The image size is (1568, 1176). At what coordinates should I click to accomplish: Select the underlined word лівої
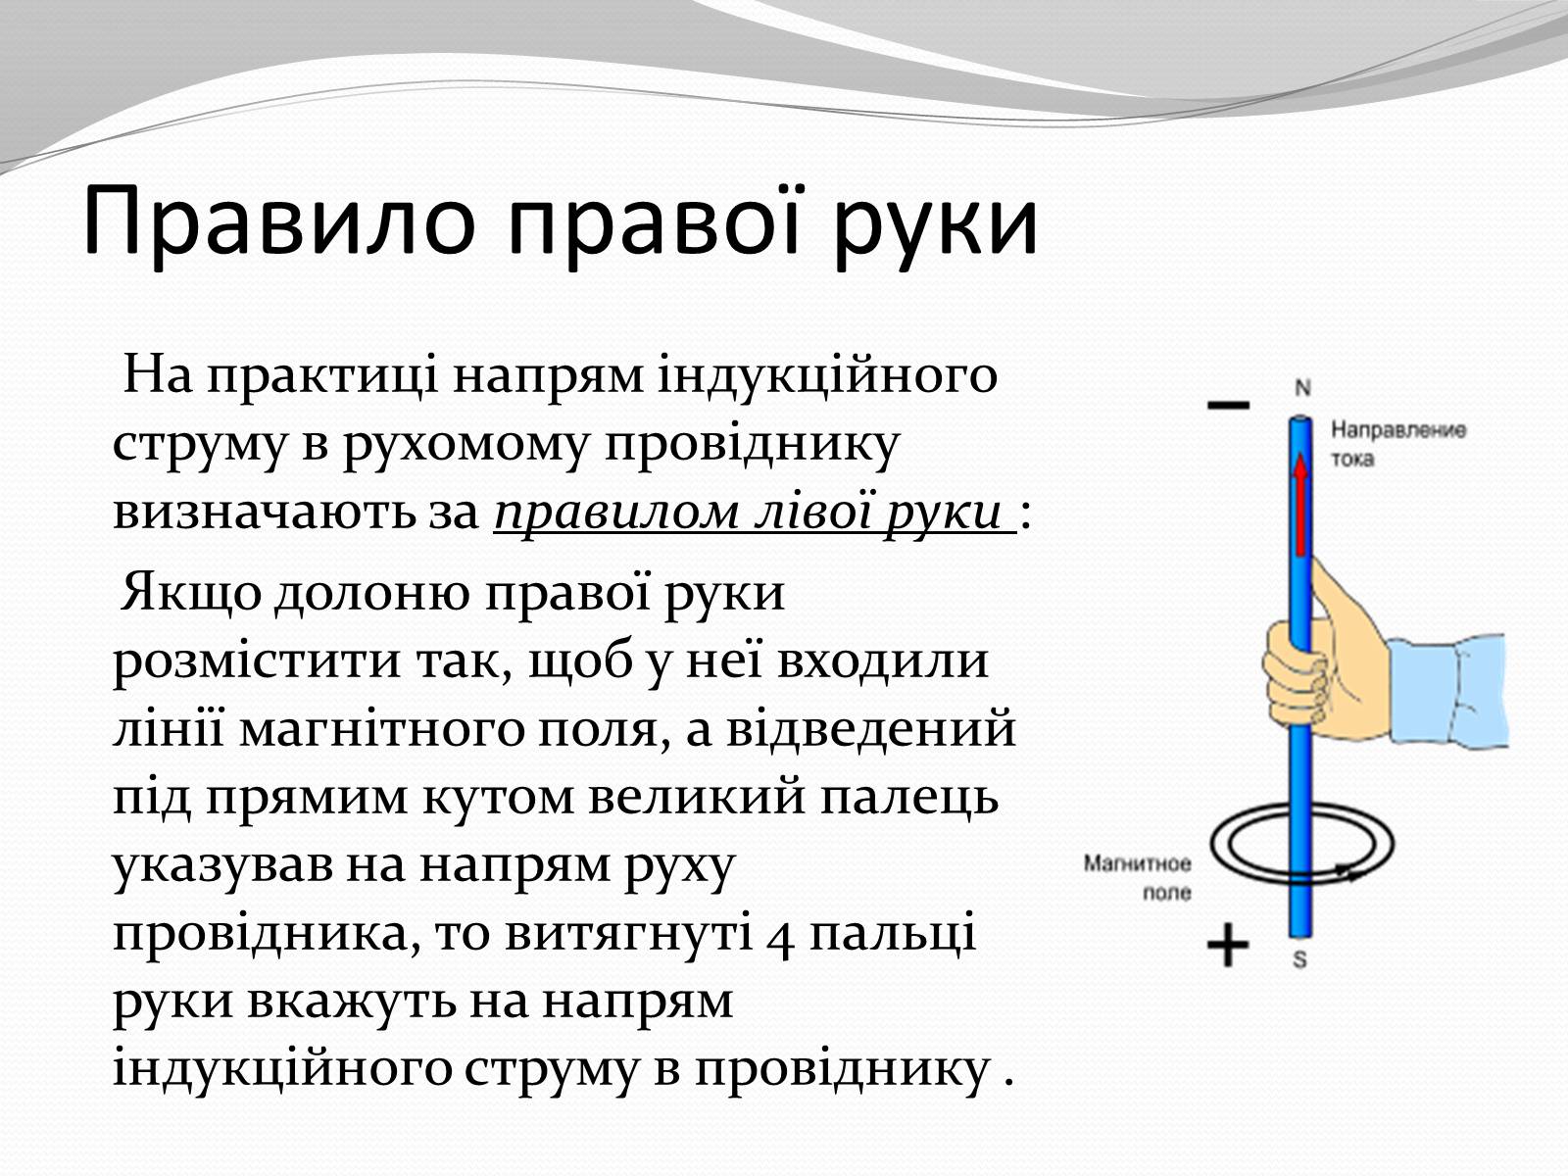813,512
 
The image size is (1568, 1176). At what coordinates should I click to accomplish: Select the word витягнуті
629,934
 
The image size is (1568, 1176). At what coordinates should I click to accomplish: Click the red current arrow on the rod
1300,505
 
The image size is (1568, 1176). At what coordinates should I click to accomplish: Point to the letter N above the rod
1303,388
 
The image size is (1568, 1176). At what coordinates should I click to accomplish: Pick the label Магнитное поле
1137,877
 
